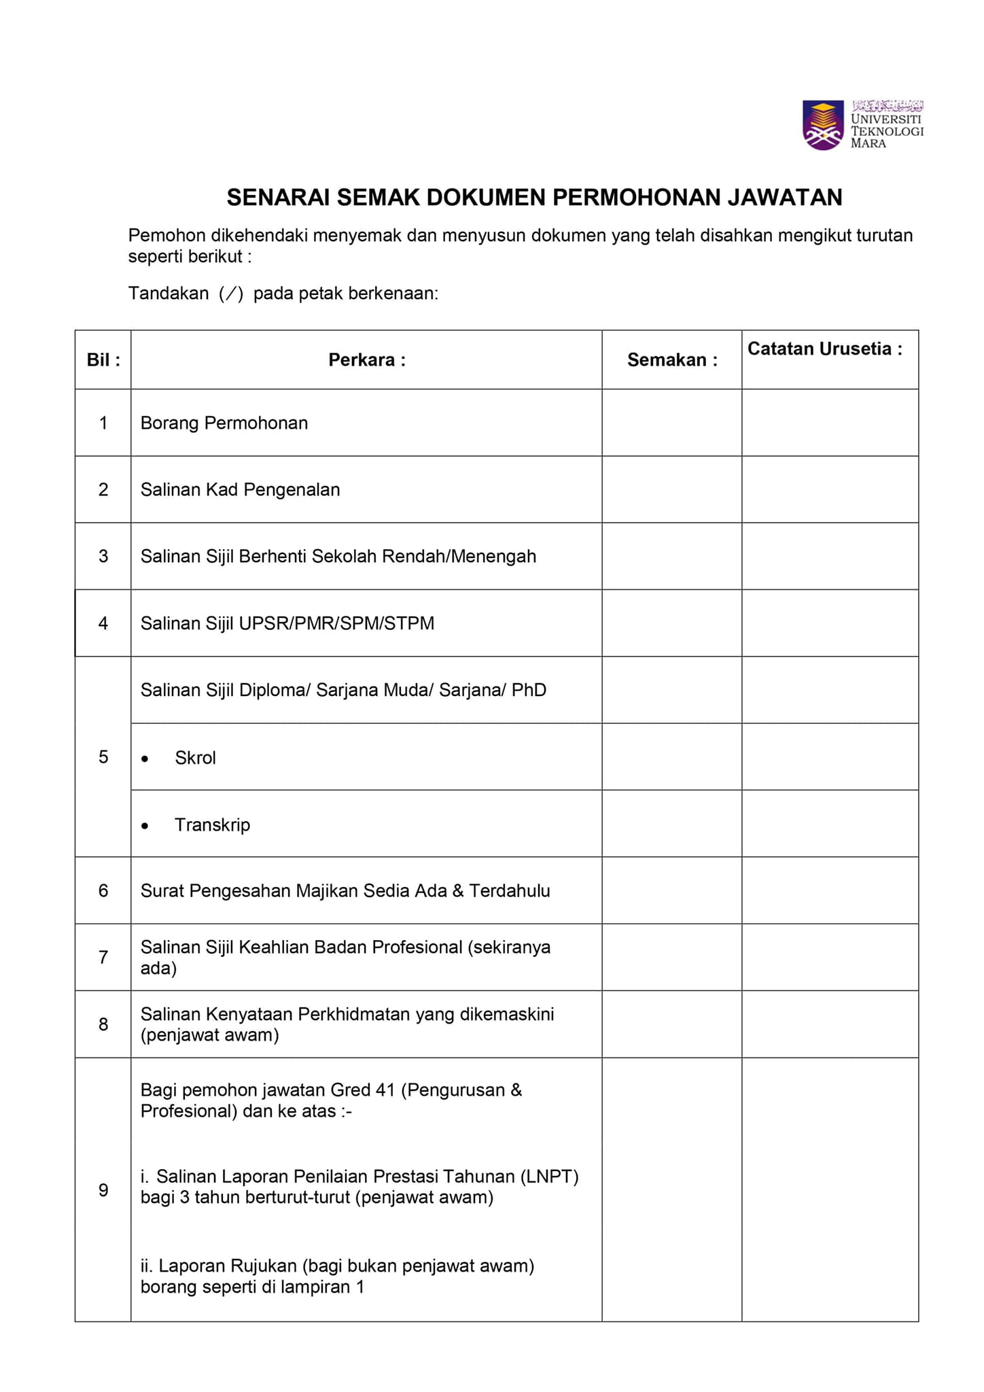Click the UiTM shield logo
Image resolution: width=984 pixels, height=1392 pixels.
[x=823, y=124]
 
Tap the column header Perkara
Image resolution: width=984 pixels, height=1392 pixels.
[x=366, y=360]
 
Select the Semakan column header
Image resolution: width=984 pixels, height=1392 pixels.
[x=671, y=360]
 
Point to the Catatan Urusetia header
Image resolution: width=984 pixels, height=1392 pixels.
[x=825, y=349]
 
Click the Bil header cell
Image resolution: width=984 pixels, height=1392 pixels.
[x=103, y=360]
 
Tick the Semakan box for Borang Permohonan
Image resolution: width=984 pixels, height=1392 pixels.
[x=671, y=423]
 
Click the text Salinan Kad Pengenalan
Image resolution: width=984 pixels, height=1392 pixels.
[x=240, y=489]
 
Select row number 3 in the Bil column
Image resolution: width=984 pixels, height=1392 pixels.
[x=103, y=556]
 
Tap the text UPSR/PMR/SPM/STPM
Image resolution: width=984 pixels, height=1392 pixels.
[x=336, y=623]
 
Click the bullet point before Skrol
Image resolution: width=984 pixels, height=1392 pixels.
[x=145, y=759]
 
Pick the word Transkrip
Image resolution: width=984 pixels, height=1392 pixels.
[x=212, y=824]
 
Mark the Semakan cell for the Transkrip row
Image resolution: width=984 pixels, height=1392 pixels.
[x=671, y=824]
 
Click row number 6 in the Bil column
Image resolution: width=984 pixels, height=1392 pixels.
[x=103, y=890]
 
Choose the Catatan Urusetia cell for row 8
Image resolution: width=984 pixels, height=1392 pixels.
[x=830, y=1024]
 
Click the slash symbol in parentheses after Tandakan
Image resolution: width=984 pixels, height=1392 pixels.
[x=231, y=294]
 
